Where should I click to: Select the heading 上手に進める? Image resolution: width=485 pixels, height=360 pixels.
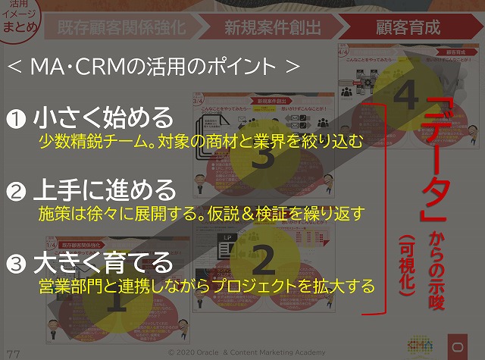(103, 189)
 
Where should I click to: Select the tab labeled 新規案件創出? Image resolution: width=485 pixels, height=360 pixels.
(273, 28)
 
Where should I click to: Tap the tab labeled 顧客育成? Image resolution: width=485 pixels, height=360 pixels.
(408, 28)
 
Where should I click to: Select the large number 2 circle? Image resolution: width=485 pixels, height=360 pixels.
(262, 260)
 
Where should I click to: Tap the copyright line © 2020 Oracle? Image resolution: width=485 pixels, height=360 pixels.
(246, 352)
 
